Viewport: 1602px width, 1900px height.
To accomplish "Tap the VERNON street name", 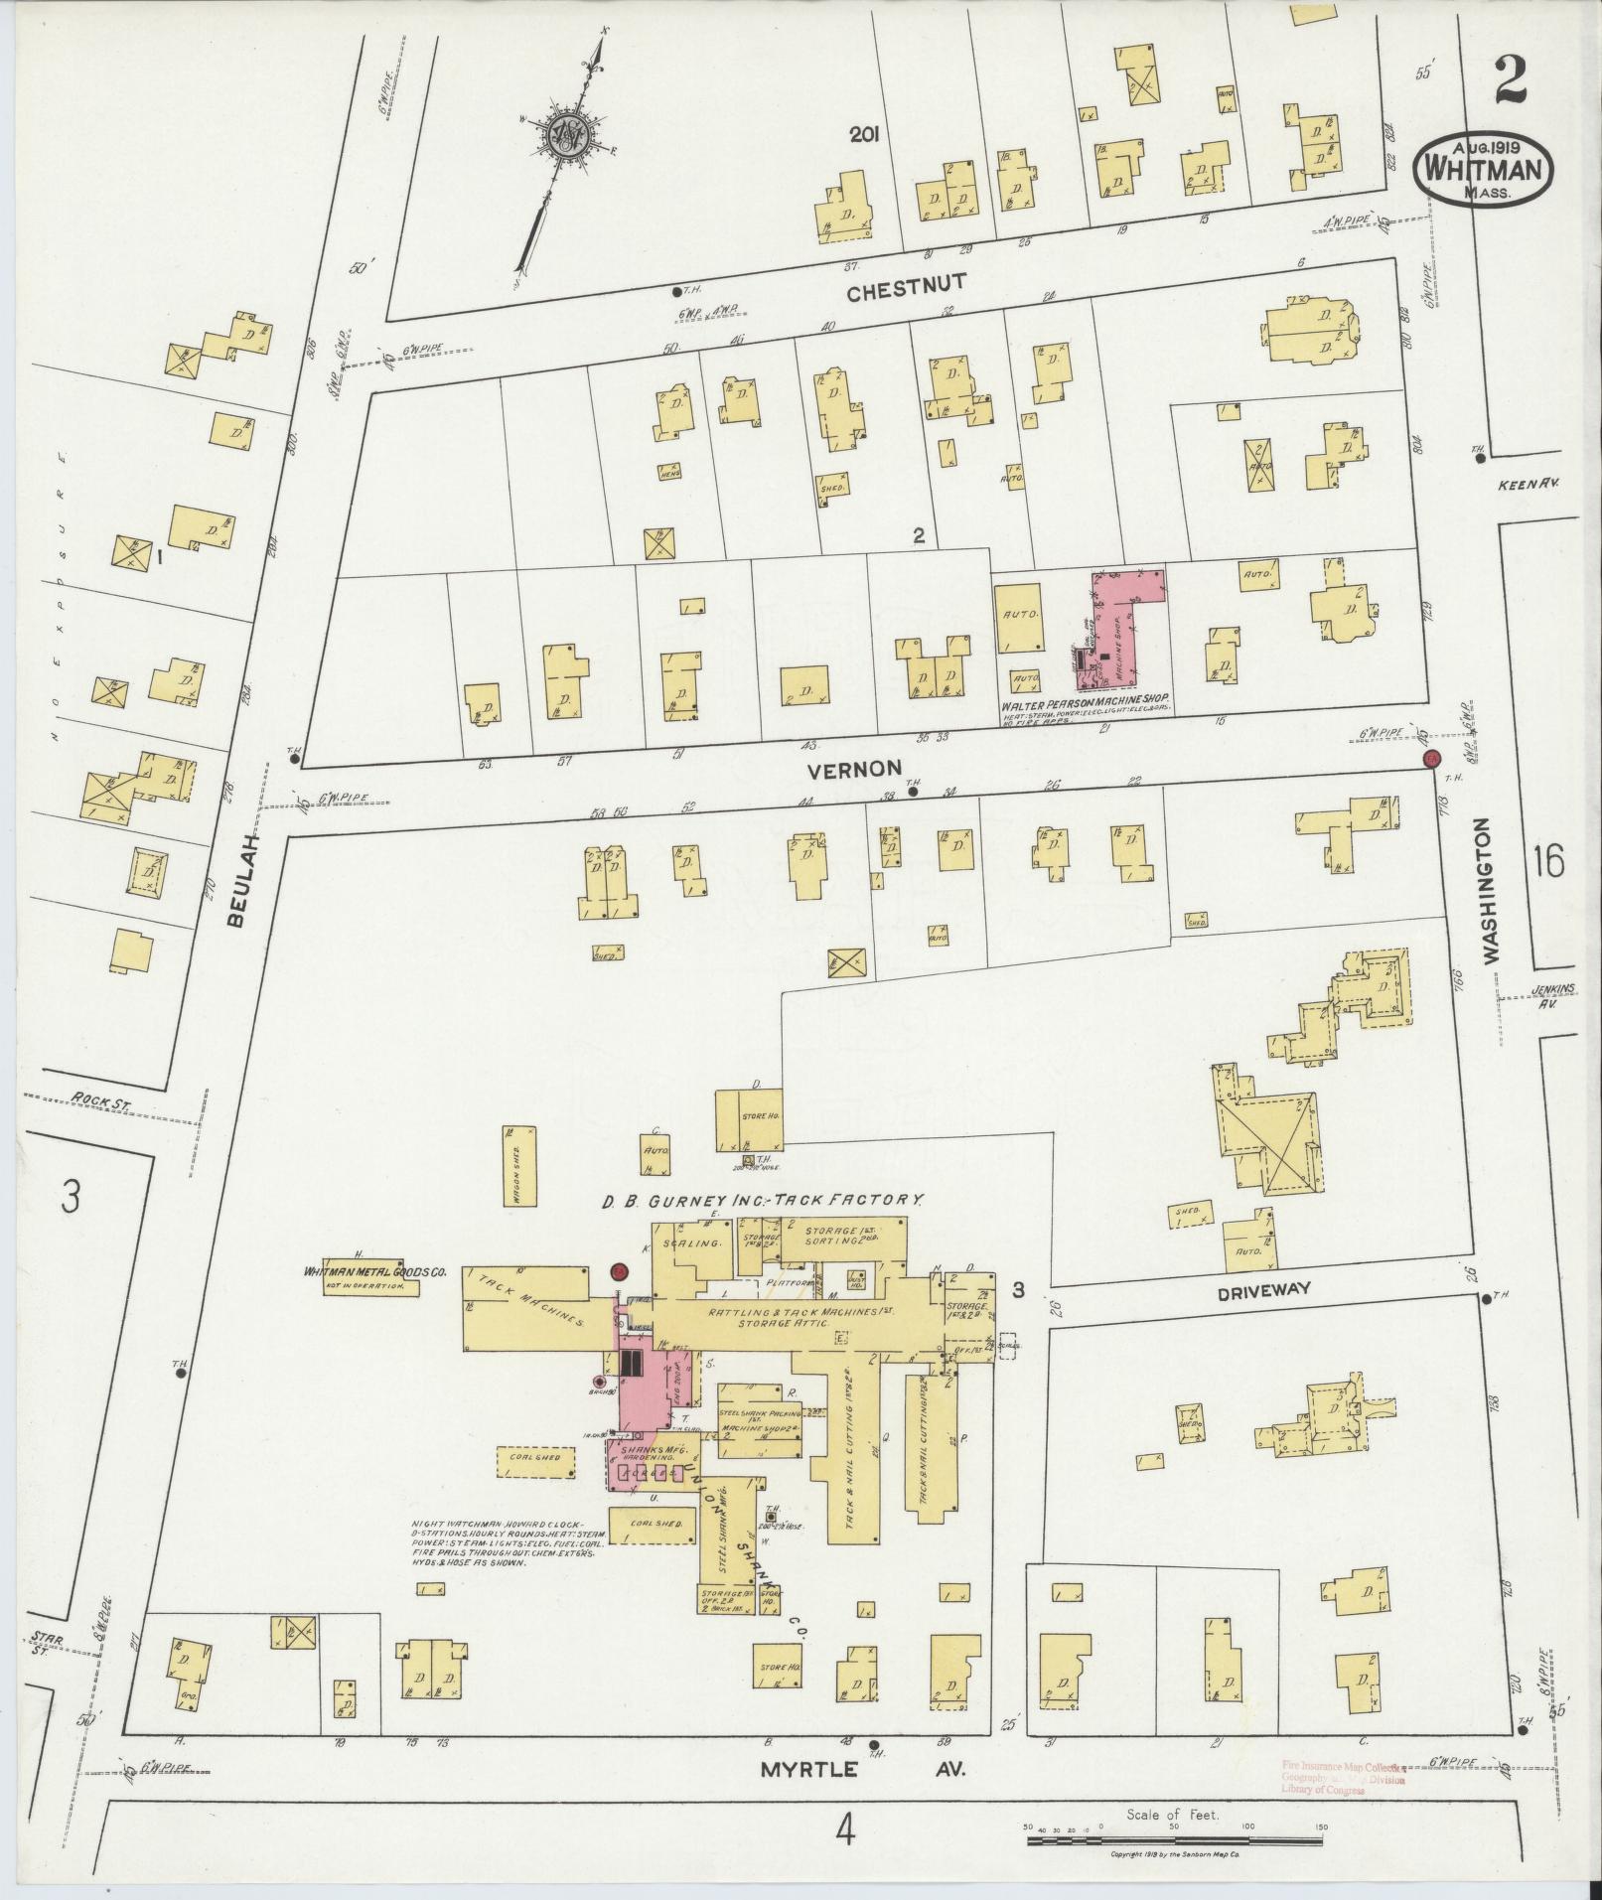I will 854,768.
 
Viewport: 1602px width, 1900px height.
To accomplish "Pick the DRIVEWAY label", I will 1261,1289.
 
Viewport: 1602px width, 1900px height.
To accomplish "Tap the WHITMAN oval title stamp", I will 1481,171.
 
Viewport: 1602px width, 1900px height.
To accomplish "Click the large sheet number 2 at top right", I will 1509,79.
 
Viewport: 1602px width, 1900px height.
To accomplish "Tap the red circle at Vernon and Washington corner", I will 1431,759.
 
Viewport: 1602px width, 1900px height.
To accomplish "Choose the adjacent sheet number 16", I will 1548,860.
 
